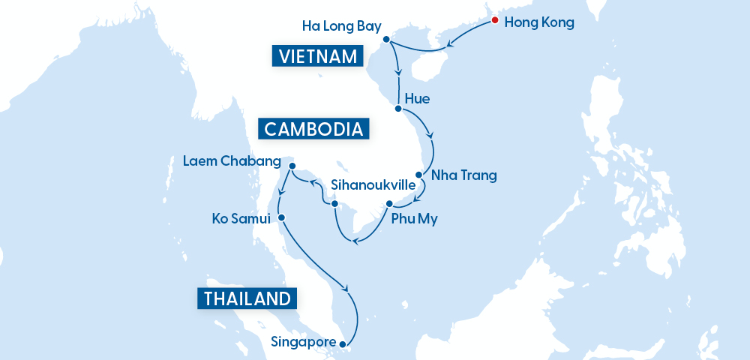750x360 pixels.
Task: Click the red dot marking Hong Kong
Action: point(494,21)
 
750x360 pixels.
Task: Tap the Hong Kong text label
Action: point(539,22)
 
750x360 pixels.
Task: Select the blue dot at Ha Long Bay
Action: point(385,39)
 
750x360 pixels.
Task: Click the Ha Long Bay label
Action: point(340,26)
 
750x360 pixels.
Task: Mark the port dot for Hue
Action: point(397,109)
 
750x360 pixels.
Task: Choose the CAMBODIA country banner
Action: point(314,129)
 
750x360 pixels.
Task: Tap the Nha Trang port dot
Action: point(418,175)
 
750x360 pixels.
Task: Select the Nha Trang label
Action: point(463,176)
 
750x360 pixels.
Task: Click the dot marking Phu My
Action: point(389,204)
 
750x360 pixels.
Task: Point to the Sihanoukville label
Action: point(372,184)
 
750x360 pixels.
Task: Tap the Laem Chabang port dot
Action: point(292,166)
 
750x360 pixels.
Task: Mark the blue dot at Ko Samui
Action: point(281,217)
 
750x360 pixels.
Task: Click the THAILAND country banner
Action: point(247,298)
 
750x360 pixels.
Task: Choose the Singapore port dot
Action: point(343,344)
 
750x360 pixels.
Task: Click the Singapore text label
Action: point(303,343)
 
